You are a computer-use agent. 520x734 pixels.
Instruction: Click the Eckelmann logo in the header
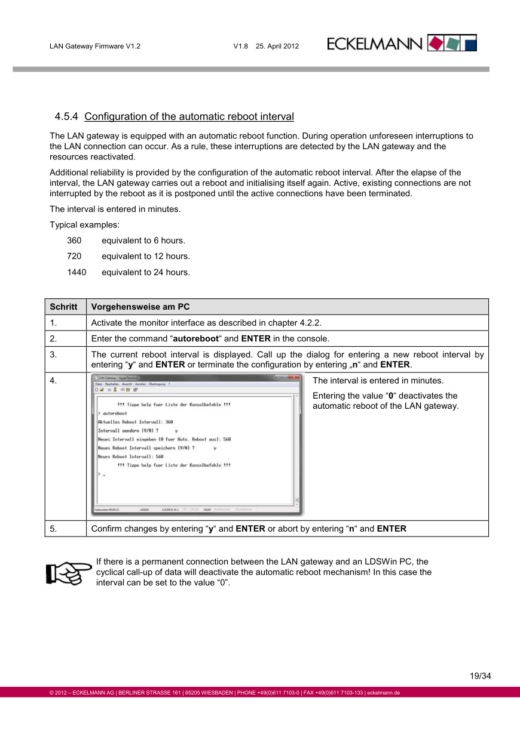402,43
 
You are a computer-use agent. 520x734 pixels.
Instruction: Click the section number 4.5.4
67,116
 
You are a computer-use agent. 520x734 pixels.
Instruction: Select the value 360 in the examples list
74,240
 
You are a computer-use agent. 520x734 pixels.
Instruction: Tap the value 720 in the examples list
74,257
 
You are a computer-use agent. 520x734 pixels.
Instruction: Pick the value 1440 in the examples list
77,272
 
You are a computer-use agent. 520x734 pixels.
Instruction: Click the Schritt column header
63,307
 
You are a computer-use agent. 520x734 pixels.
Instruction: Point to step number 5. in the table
53,529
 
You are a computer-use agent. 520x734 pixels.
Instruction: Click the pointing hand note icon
68,572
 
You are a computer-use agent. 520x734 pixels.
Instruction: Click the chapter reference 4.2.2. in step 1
310,323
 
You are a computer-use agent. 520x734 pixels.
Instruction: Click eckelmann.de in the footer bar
383,693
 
